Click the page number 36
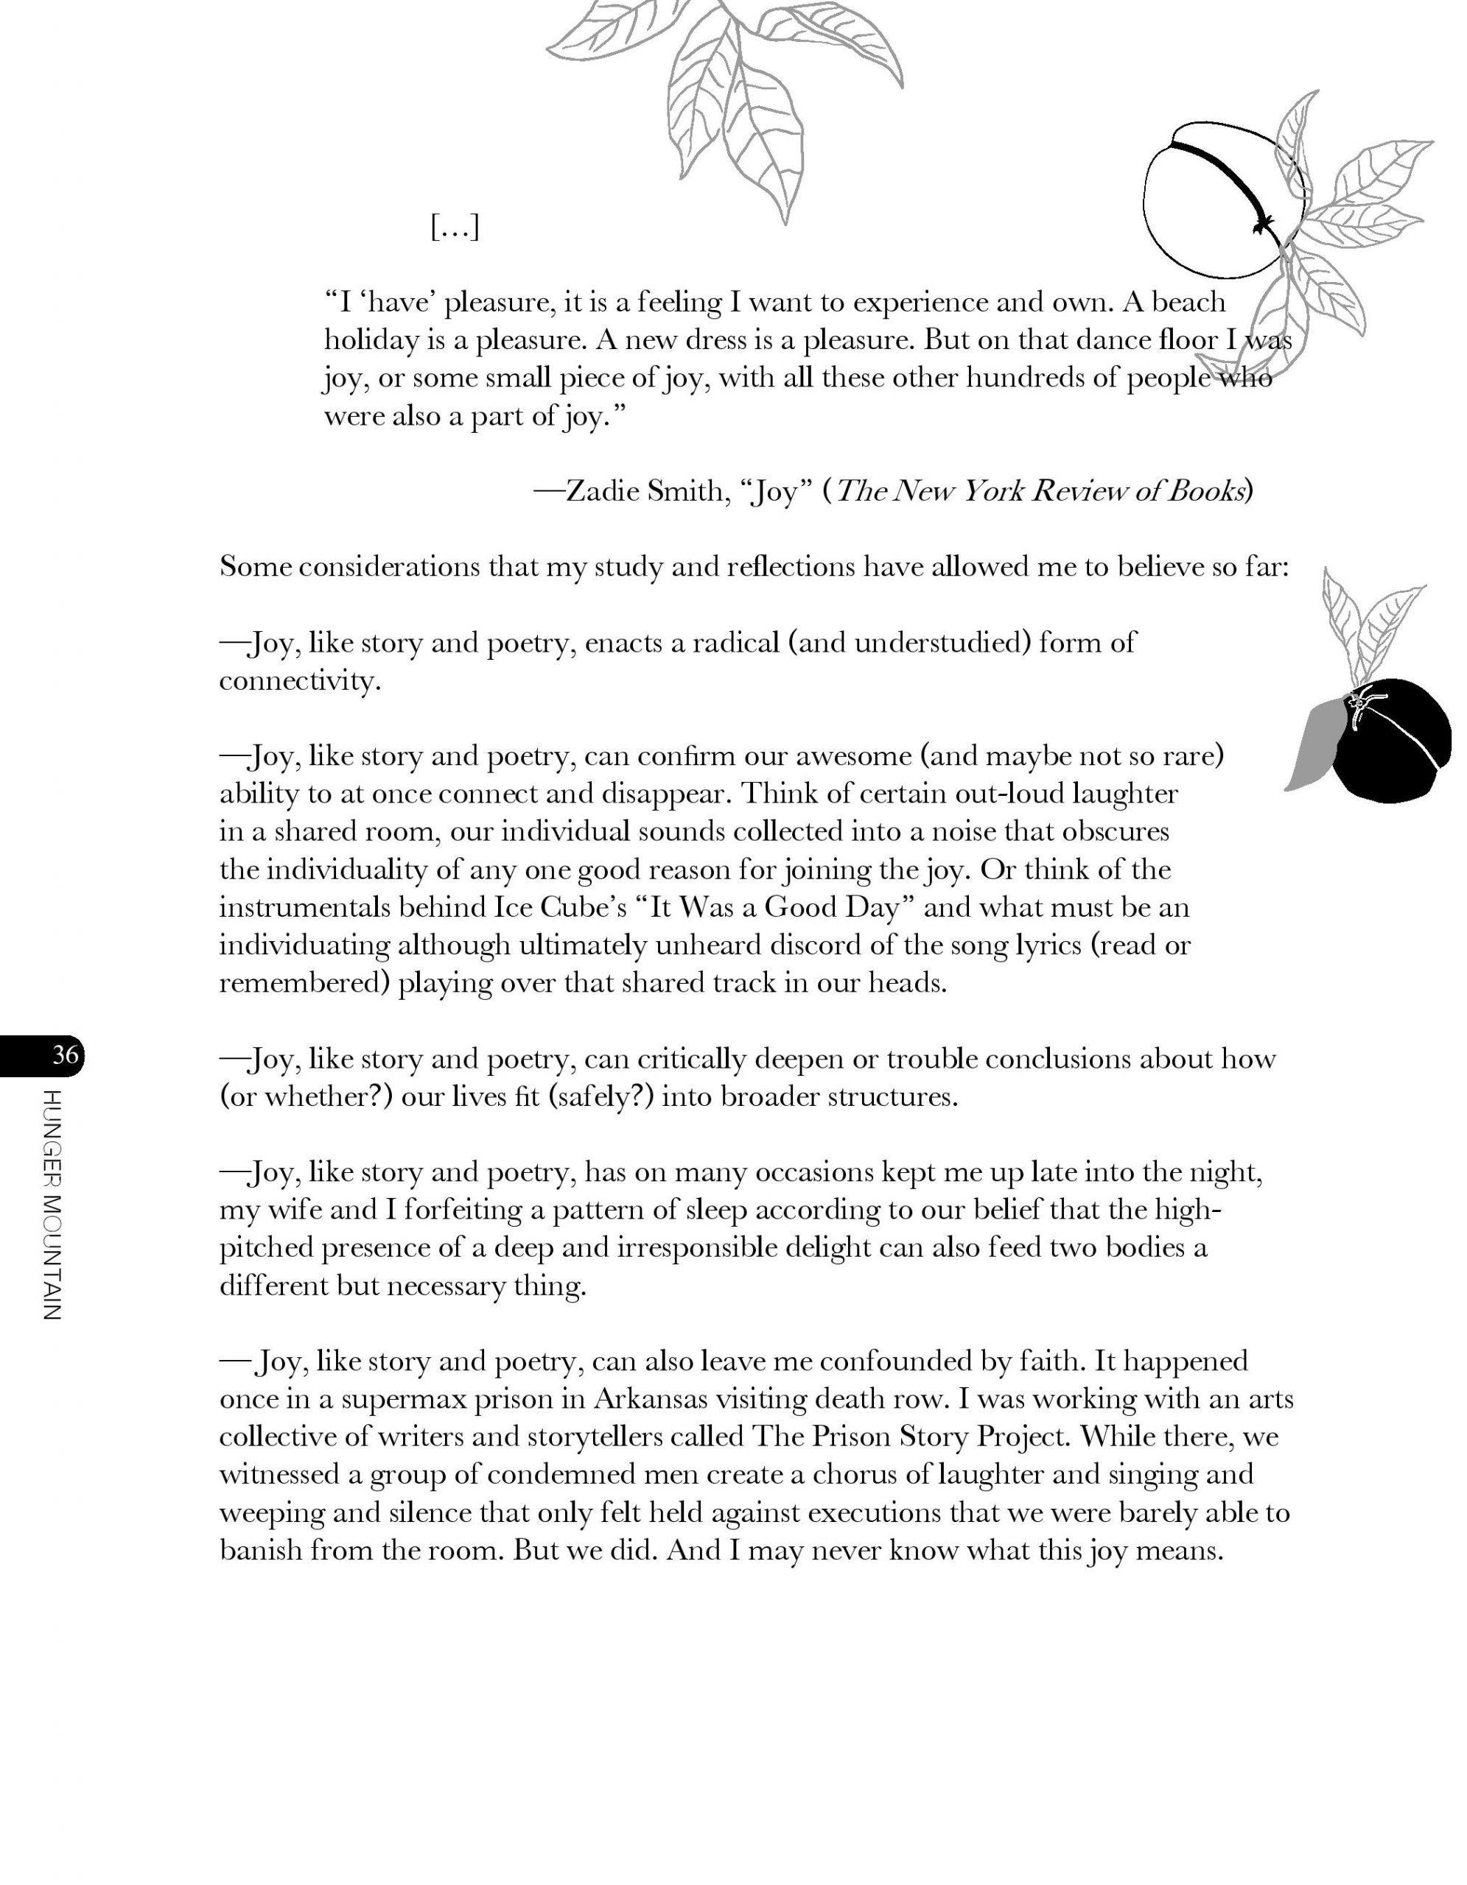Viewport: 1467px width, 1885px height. (65, 1054)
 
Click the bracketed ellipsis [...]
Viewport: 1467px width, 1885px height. (454, 228)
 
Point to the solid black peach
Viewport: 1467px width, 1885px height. (1391, 740)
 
